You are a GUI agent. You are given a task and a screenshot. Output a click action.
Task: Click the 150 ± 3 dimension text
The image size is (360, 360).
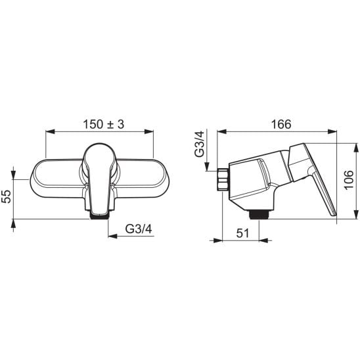click(x=103, y=124)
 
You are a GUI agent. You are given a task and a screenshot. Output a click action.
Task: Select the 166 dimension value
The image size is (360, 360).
click(x=281, y=124)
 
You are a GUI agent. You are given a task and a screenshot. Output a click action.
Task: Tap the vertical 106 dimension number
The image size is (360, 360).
click(x=349, y=179)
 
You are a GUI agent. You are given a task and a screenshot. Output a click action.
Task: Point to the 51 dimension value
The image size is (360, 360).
click(x=242, y=233)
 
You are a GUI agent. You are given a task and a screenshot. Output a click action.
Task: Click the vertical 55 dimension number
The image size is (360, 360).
click(x=6, y=196)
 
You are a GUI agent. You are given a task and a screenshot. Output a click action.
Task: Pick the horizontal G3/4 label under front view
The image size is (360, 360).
click(x=139, y=229)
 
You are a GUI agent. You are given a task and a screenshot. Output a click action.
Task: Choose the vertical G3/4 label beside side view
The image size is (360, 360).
click(x=199, y=144)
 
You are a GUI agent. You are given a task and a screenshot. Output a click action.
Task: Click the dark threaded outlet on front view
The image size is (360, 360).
click(x=99, y=215)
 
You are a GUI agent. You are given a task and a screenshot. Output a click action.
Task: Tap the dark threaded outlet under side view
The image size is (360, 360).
click(x=258, y=215)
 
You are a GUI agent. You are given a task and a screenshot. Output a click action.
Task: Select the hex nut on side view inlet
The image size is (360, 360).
click(x=223, y=179)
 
